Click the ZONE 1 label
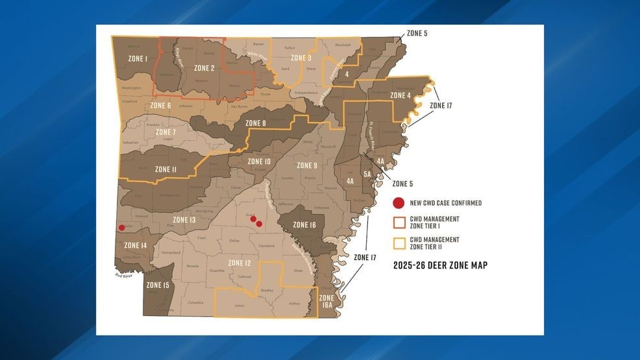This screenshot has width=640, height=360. click(137, 59)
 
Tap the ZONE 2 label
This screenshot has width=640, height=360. click(204, 68)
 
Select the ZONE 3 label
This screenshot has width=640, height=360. click(301, 58)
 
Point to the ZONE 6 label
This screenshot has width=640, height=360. click(160, 105)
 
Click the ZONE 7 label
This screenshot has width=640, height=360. click(166, 132)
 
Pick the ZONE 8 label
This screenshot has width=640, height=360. click(256, 123)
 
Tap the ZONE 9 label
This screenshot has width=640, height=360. click(306, 165)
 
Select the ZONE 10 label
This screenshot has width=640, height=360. click(259, 162)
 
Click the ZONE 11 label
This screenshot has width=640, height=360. click(166, 169)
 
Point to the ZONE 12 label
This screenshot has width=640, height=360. click(240, 263)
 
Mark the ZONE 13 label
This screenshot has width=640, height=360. click(184, 220)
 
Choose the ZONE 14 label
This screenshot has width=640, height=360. click(136, 245)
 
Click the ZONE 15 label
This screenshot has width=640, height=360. click(158, 285)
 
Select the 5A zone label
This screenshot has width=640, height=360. click(367, 174)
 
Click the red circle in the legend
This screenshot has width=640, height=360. click(399, 203)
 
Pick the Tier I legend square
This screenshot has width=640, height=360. click(399, 222)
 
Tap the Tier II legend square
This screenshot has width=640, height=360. click(399, 243)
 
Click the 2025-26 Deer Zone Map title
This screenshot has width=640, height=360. click(440, 265)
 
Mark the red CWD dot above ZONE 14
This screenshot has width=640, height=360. click(121, 228)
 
